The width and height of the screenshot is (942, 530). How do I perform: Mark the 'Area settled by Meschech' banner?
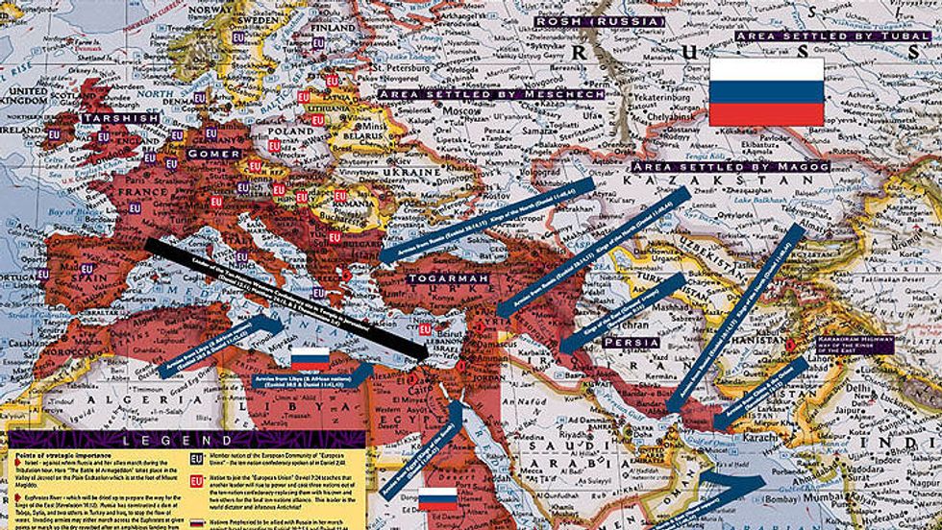490,95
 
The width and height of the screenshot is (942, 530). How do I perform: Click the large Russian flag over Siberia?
766,91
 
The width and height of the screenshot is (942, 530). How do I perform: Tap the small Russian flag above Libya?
310,360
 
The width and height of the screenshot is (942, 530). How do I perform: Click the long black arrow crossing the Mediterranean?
288,298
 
